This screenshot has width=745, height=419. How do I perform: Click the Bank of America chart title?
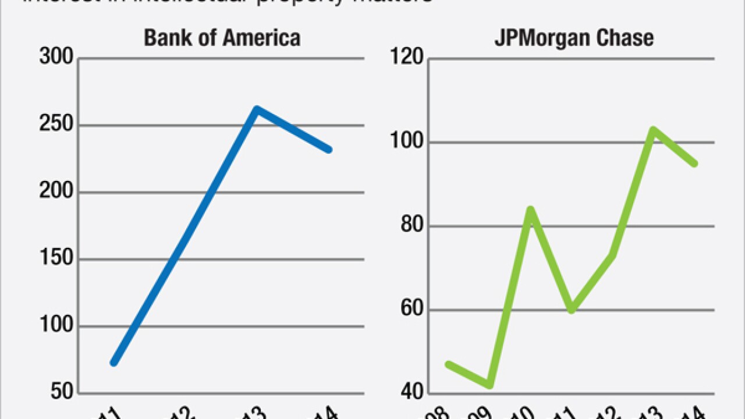pyautogui.click(x=222, y=38)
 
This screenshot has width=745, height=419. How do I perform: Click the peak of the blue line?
pyautogui.click(x=256, y=109)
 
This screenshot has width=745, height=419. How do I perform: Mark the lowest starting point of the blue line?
pyautogui.click(x=114, y=363)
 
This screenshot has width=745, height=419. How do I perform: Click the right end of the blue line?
pyautogui.click(x=329, y=150)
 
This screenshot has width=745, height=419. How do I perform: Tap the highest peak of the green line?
pyautogui.click(x=654, y=129)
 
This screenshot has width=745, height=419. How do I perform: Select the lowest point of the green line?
pyautogui.click(x=489, y=385)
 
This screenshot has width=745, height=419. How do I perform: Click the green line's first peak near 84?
pyautogui.click(x=531, y=209)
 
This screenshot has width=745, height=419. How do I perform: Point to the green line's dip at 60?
pyautogui.click(x=572, y=310)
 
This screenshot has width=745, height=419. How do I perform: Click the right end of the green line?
pyautogui.click(x=694, y=164)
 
